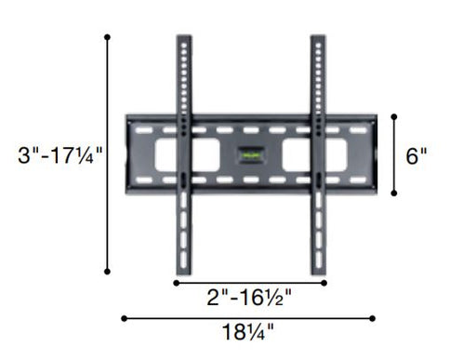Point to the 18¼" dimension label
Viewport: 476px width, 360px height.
click(248, 333)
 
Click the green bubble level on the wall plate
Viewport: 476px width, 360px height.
click(249, 154)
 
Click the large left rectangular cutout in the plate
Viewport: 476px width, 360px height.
click(177, 154)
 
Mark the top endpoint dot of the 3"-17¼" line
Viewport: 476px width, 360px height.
click(108, 37)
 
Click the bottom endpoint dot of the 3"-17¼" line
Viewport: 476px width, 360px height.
click(108, 272)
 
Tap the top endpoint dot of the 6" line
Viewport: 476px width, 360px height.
click(394, 116)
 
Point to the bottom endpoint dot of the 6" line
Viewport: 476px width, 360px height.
click(394, 193)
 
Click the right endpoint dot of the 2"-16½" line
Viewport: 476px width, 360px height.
click(325, 282)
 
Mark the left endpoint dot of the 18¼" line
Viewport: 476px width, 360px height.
click(124, 318)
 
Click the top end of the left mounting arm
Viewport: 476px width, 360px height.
click(184, 40)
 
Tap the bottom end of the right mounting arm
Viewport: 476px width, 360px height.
click(317, 270)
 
